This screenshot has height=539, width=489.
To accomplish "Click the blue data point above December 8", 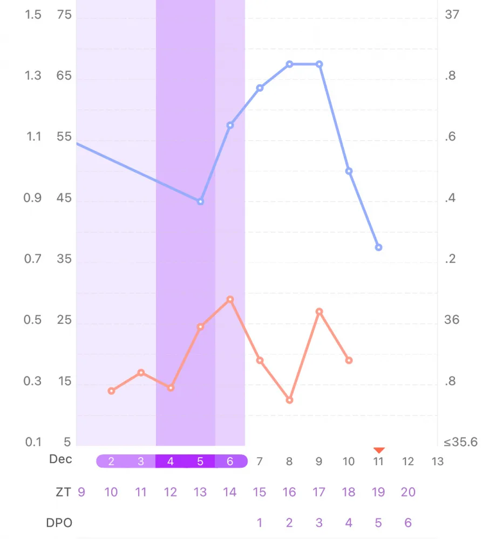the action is tap(289, 64).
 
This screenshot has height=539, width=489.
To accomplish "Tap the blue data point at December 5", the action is tap(201, 202).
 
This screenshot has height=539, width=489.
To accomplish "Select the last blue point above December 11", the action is tap(378, 247).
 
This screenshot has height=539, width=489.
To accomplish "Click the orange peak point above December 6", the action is tap(230, 300).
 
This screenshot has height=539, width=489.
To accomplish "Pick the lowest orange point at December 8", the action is tap(289, 400).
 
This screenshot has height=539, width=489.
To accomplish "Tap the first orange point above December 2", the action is tap(111, 391).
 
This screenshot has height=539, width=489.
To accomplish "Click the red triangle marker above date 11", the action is tap(379, 450).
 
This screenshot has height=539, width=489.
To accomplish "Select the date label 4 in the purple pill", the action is tap(171, 461).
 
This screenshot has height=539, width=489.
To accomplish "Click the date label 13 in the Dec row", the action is tap(437, 461).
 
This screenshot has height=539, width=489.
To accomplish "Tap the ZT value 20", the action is tap(408, 492).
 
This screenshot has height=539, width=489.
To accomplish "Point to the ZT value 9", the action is tap(81, 492).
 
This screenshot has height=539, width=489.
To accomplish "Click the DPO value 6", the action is tap(408, 522).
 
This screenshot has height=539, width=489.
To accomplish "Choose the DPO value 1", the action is tap(260, 522).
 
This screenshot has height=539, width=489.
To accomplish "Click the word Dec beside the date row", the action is tap(60, 459).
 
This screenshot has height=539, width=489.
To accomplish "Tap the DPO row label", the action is tap(59, 523).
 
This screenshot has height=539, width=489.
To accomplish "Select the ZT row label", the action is tap(63, 492).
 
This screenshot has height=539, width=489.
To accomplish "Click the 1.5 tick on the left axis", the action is tap(33, 15).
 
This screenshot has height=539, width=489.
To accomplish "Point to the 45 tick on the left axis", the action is tap(64, 198).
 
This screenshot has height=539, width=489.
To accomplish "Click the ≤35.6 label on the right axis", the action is tap(461, 442).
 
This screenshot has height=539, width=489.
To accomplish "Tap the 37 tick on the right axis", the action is tap(452, 15).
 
